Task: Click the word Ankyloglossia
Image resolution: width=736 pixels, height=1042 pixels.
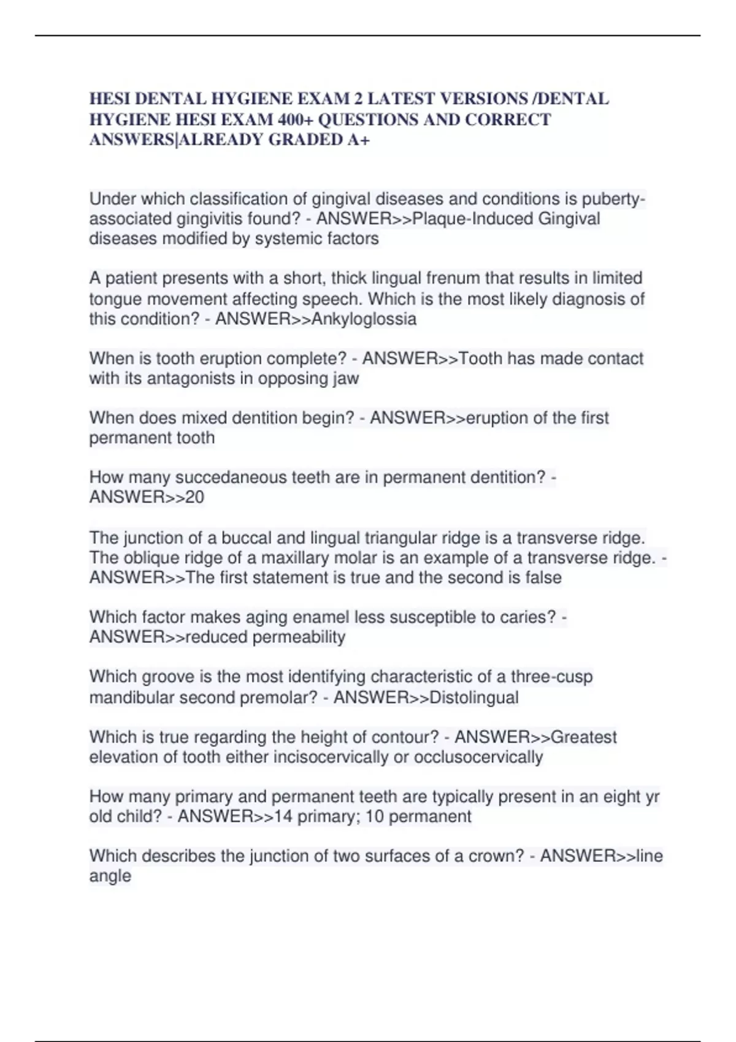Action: (x=364, y=319)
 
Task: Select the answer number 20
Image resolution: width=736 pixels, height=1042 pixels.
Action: (x=194, y=497)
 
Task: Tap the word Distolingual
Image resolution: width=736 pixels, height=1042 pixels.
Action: (x=474, y=698)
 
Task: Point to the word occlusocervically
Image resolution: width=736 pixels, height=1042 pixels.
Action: (x=478, y=757)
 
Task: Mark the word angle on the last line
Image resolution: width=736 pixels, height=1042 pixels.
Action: (x=110, y=876)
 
